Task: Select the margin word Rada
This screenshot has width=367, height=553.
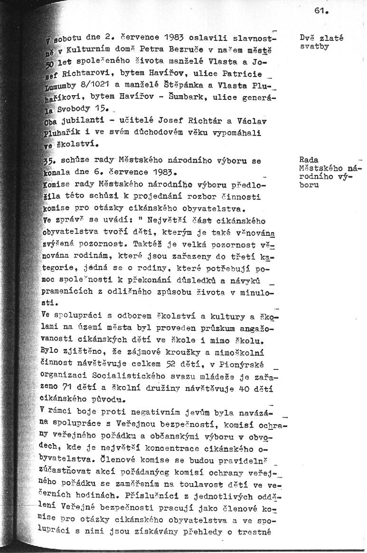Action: click(x=309, y=160)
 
